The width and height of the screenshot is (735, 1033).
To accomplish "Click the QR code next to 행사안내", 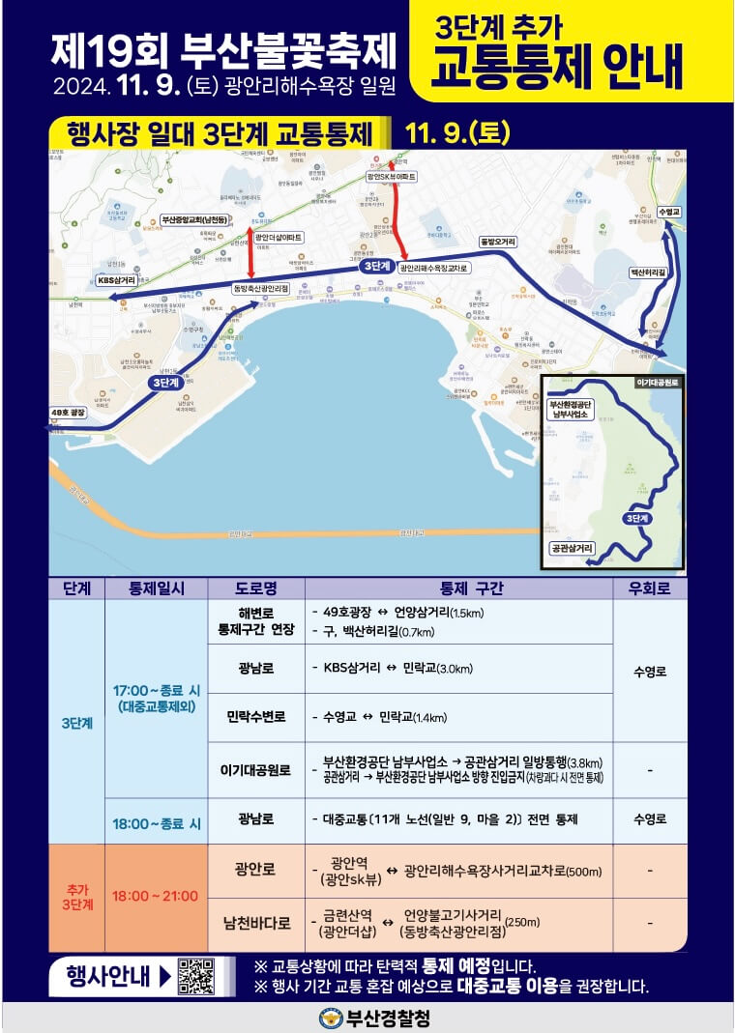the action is pos(195,976).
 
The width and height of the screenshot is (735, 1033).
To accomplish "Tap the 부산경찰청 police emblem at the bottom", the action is pos(332,1018).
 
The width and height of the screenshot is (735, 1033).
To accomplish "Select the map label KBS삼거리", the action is pos(116,280).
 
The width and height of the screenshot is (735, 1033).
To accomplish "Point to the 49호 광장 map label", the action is pos(69,413).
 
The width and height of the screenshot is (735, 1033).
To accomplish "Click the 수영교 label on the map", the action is pos(668,211).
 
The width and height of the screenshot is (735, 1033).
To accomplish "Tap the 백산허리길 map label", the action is pos(648,273).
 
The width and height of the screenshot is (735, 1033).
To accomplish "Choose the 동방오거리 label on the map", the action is pos(497,242).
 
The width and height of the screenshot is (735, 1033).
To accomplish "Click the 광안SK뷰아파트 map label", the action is pos(391,178).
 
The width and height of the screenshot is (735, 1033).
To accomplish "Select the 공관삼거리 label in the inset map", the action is pos(572,548).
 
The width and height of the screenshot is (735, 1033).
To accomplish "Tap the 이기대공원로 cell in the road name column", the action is pos(256,770).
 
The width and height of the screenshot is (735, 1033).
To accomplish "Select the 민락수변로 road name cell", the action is pos(256,717).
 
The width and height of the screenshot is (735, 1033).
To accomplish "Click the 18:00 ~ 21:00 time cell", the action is pos(156,897).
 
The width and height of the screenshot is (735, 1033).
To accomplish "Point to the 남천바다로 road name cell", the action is pos(256,925).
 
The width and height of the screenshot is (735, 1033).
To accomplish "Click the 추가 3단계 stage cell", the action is pos(76,897).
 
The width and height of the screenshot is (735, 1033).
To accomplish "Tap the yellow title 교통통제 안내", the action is pos(558,66).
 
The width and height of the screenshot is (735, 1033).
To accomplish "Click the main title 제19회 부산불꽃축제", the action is pos(224,46).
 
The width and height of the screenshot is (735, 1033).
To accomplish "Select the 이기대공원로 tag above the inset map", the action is pos(658,383).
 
